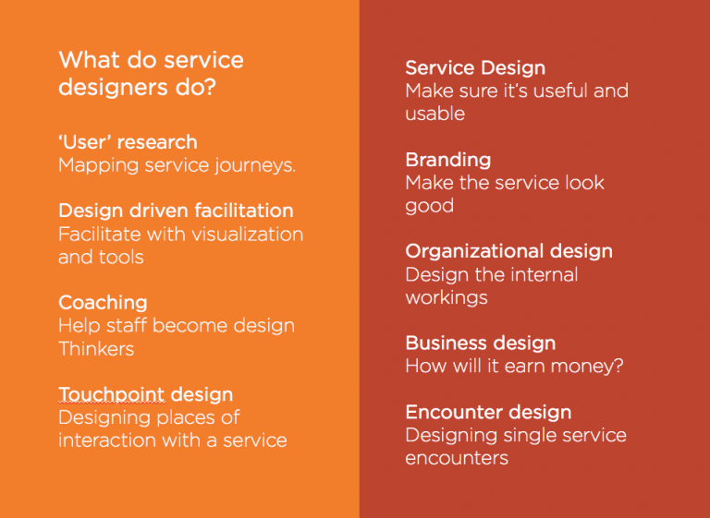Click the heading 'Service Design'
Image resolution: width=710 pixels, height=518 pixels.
tap(475, 68)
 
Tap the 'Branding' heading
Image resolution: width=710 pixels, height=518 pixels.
tap(447, 160)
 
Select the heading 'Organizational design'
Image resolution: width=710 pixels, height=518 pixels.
tap(508, 251)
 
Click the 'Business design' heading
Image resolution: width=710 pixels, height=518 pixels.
tap(480, 343)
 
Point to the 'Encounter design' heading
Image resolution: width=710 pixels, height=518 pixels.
tap(488, 412)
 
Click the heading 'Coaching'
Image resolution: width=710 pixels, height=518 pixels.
tap(103, 303)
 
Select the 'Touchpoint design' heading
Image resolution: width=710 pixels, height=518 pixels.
tap(145, 395)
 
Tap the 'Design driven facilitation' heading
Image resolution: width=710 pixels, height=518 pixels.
tap(176, 211)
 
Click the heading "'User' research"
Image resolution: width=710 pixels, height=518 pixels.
tap(128, 142)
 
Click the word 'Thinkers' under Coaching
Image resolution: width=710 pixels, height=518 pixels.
tap(96, 349)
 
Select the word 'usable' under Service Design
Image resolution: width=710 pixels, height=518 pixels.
tap(435, 114)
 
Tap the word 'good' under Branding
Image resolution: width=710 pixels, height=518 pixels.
tap(429, 206)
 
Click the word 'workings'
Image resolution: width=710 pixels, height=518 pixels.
tap(446, 298)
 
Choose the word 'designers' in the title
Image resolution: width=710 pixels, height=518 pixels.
tap(104, 88)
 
